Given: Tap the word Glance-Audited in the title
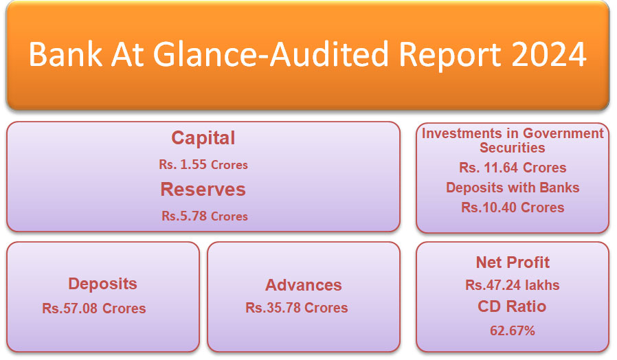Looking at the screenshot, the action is pos(272,54).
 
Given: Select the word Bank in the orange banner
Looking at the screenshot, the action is pos(66,54).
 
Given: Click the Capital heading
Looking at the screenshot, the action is pos(203,138).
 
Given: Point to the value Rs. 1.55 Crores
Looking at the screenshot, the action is pos(203,164).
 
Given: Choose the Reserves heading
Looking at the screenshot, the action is pos(203,189).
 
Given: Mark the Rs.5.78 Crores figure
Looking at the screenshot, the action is pos(205,216).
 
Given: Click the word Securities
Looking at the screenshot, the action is pos(513,148).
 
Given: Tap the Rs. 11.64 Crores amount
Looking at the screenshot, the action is pos(513,168).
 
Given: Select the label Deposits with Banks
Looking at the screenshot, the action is pos(513,188).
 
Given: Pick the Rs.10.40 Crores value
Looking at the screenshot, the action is pos(513,207).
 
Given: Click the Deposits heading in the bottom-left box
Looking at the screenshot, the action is pos(102,284).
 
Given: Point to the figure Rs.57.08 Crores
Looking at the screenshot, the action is pos(94,308).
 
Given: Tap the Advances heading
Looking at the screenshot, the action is pos(304,285).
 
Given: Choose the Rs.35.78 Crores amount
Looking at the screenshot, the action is pos(297,308).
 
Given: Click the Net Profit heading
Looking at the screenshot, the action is pos(513,262).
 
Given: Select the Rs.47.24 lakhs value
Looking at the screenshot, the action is pos(513,285).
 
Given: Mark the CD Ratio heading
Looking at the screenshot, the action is pos(512,306).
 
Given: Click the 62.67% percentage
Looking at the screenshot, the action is pos(513,330).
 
